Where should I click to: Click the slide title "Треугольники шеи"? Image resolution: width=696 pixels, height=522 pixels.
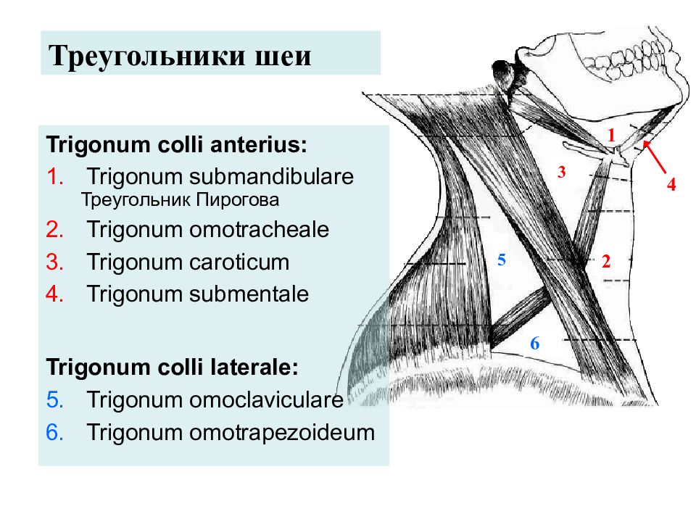click(180, 57)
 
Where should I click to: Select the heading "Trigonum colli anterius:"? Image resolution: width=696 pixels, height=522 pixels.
click(177, 145)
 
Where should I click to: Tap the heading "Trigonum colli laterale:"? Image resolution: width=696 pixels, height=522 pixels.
click(173, 368)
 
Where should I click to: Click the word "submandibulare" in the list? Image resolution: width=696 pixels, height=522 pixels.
click(272, 176)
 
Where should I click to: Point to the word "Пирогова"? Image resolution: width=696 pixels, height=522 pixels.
click(238, 200)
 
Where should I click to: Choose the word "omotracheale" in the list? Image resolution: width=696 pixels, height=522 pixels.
click(260, 230)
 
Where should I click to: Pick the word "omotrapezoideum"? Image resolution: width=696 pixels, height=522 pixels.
click(282, 433)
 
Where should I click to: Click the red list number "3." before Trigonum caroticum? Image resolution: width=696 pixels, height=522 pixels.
click(55, 262)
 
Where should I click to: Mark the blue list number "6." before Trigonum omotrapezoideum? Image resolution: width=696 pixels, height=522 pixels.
click(55, 433)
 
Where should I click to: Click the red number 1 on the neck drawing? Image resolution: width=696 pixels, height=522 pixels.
click(612, 135)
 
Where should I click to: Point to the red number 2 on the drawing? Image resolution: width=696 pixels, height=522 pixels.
click(606, 261)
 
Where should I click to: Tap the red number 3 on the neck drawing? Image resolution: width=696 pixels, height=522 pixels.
click(562, 172)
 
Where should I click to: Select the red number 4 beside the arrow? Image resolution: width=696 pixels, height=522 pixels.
click(671, 183)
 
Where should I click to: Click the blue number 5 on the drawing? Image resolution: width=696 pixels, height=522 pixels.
click(502, 260)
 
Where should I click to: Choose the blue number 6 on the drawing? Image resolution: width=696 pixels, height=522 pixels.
click(535, 343)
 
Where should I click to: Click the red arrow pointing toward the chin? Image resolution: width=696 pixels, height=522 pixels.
click(655, 157)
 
